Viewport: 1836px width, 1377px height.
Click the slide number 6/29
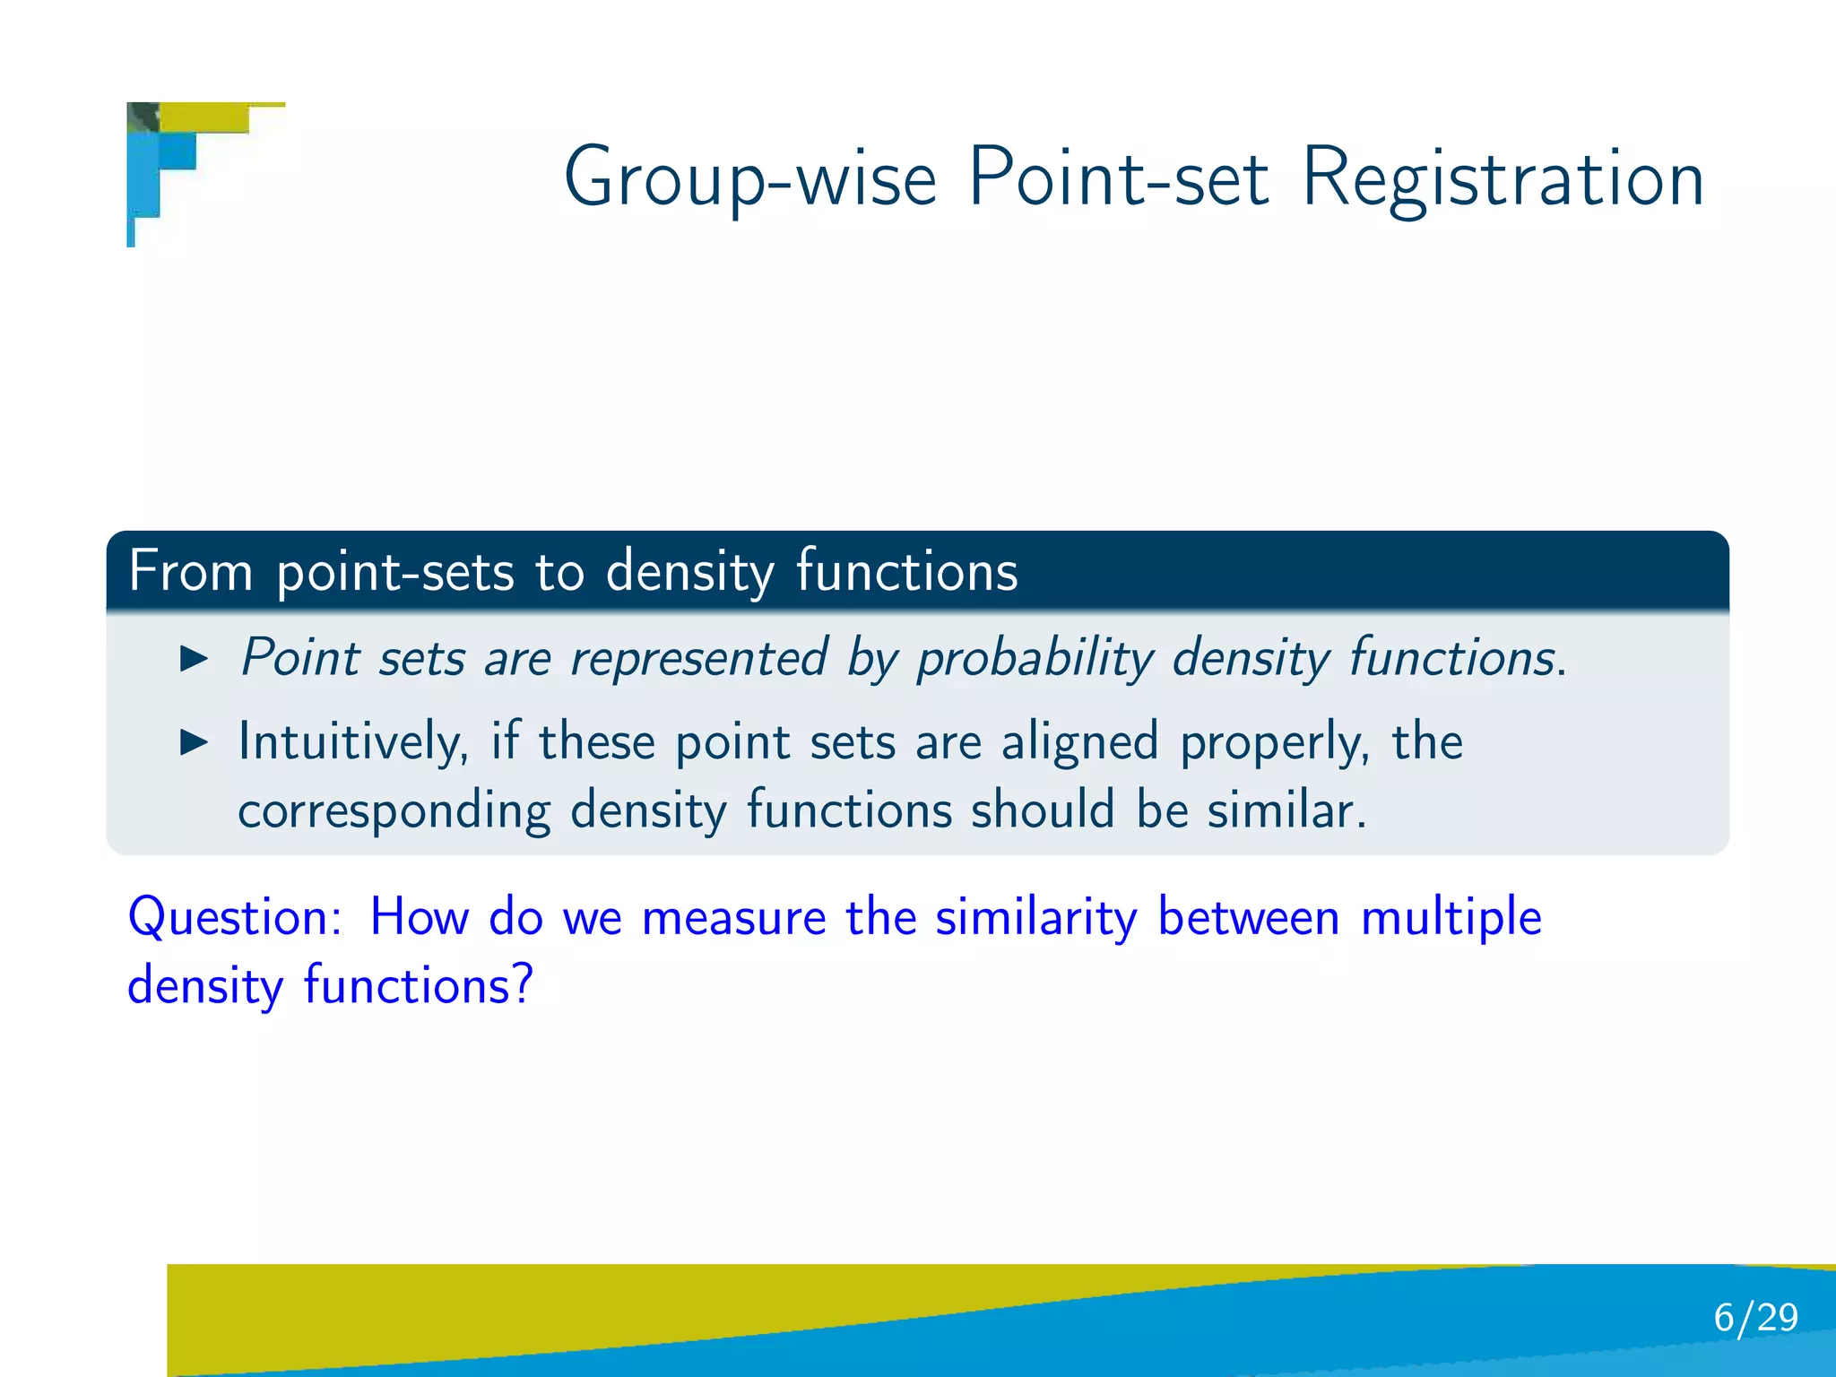pos(1755,1318)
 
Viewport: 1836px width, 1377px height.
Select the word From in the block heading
pos(190,571)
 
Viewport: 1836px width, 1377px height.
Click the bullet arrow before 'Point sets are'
pos(194,659)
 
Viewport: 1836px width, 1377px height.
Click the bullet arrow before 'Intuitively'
pos(194,742)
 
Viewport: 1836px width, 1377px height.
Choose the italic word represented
pos(699,659)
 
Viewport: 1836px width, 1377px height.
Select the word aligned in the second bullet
pos(1079,742)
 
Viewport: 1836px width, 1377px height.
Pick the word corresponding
pos(394,811)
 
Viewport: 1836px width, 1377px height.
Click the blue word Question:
pos(235,918)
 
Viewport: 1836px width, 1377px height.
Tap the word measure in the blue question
pos(734,918)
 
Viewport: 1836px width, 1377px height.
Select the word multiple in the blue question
pos(1451,918)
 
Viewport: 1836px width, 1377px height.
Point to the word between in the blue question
pos(1248,918)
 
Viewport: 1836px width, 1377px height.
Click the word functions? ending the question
pos(418,986)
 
